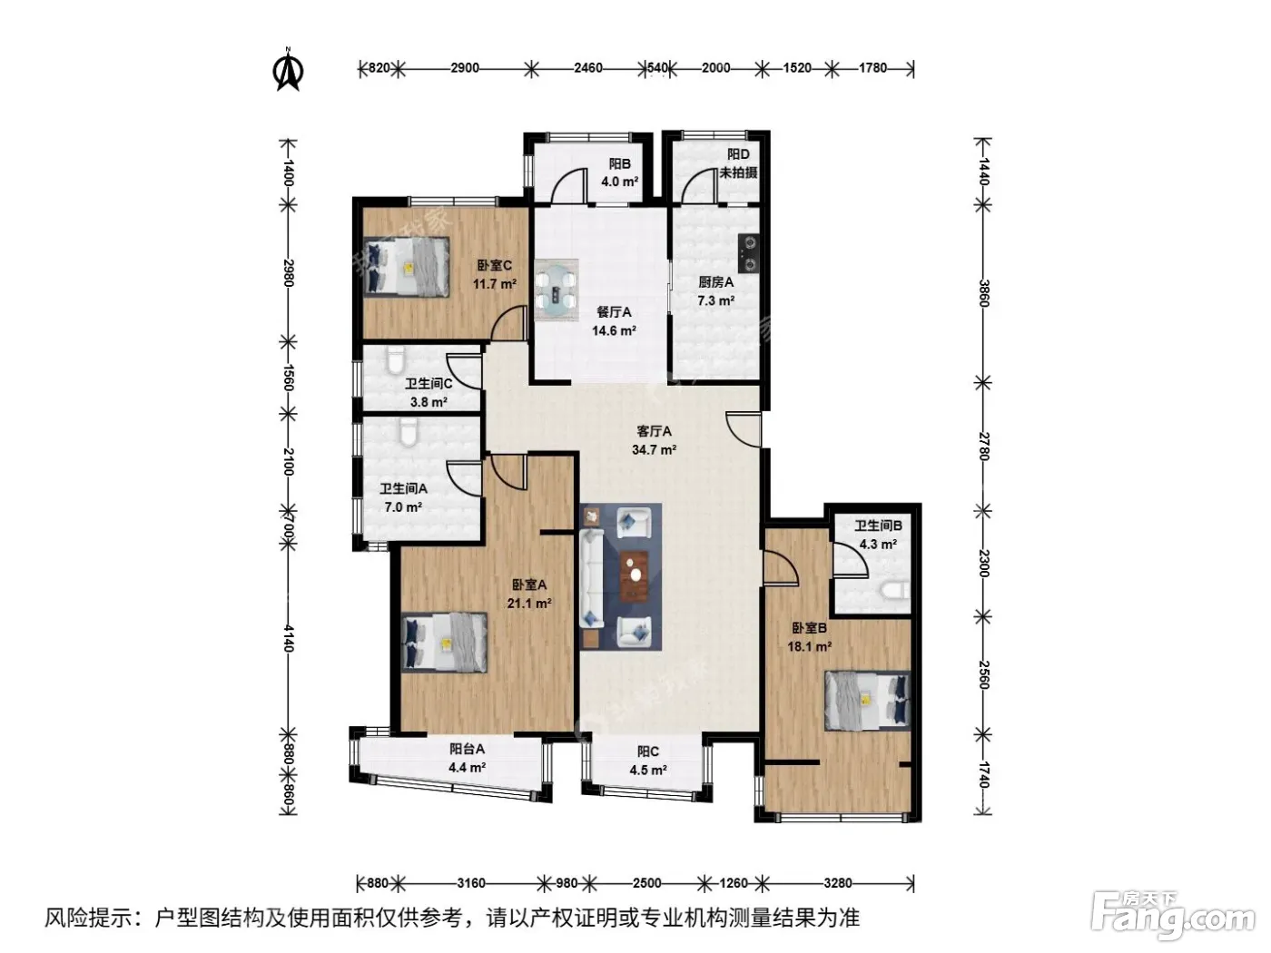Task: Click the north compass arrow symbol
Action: (288, 70)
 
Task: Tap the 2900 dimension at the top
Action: (465, 68)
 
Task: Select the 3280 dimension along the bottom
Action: (838, 883)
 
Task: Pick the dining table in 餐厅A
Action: (557, 290)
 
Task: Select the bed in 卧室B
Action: (867, 700)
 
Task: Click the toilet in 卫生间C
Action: (396, 360)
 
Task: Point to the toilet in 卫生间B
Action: (894, 591)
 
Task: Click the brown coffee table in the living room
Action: (635, 575)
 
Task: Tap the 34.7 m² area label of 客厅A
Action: (655, 449)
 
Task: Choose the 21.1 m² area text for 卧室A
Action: (529, 604)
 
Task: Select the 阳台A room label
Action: (467, 749)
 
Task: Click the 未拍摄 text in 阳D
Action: (738, 172)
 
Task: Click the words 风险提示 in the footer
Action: (89, 918)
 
